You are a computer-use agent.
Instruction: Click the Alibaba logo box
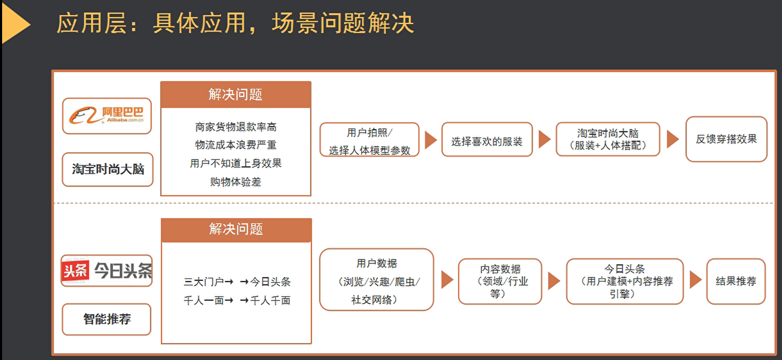coord(107,116)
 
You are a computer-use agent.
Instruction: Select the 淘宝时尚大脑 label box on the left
coord(107,169)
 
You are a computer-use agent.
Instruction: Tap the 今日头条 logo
coord(107,271)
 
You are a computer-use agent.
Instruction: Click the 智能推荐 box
coord(107,319)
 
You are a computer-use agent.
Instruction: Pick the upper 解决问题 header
coord(236,94)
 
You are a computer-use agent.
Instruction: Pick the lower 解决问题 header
coord(236,230)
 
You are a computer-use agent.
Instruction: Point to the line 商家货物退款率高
coord(236,127)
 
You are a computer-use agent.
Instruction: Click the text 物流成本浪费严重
coord(236,145)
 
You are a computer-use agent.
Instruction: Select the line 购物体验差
coord(236,182)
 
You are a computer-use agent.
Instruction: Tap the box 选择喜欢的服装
coord(487,140)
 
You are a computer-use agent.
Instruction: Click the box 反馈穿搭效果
coord(726,139)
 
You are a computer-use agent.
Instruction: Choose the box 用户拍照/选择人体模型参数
coord(369,140)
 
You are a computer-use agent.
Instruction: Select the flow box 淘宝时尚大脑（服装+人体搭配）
coord(608,140)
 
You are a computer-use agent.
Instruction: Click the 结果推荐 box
coord(736,281)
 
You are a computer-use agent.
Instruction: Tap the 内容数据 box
coord(500,281)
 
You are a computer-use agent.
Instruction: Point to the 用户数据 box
coord(376,279)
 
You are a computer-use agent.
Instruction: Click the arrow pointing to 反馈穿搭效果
coord(672,139)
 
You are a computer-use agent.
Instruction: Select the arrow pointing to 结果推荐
coord(696,280)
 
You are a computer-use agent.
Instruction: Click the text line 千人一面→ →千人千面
coord(237,301)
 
